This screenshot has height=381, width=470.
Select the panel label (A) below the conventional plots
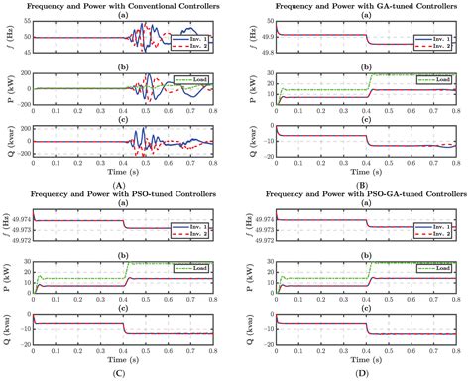pyautogui.click(x=120, y=184)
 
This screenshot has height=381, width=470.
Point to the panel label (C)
pyautogui.click(x=120, y=375)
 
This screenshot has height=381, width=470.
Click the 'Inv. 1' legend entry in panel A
pyautogui.click(x=206, y=32)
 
